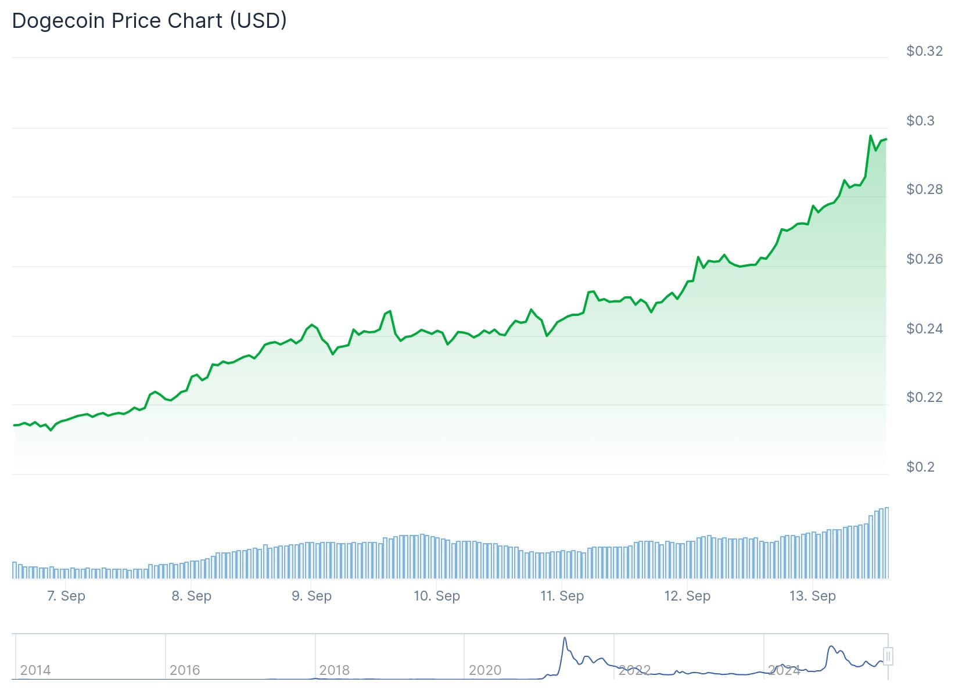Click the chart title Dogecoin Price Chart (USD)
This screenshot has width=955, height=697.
149,21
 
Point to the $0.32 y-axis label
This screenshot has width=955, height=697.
924,51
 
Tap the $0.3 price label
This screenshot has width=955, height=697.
920,121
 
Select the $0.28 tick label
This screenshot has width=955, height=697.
924,189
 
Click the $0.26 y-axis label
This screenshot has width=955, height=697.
924,259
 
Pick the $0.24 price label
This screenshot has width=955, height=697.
924,329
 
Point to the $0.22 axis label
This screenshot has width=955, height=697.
924,397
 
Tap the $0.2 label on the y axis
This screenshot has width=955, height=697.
920,467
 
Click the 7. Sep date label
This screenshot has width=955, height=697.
66,596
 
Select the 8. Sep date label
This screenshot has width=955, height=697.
191,596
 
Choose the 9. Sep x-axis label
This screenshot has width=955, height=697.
311,596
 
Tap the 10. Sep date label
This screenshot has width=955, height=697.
436,596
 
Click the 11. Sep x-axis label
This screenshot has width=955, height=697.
562,596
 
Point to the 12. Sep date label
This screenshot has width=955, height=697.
687,596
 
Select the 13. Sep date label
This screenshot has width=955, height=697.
812,596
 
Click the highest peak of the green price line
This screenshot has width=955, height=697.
870,136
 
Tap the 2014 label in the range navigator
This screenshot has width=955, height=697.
35,670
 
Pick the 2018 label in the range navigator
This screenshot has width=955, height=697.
335,670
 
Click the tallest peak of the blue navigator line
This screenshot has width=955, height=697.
565,638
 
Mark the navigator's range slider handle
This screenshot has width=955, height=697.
888,656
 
